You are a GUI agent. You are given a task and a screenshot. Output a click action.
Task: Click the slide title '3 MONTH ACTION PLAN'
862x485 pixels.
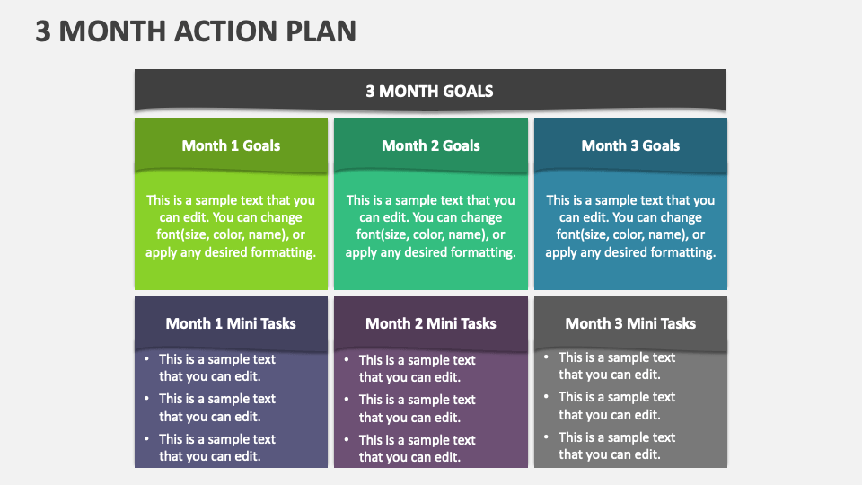tap(196, 31)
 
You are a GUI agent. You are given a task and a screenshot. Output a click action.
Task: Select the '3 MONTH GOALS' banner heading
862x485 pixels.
tap(429, 91)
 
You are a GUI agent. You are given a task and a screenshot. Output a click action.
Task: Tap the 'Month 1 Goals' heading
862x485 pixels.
tap(231, 145)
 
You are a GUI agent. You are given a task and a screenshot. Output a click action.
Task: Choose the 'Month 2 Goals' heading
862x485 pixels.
tap(431, 145)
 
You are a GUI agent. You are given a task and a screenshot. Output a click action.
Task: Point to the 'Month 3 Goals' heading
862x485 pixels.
tap(630, 145)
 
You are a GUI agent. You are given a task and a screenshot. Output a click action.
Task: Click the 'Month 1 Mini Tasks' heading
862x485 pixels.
tap(231, 323)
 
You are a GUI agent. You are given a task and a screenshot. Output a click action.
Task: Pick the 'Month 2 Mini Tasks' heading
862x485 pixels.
tap(431, 323)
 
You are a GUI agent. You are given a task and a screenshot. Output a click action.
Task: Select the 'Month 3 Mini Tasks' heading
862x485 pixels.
tap(630, 323)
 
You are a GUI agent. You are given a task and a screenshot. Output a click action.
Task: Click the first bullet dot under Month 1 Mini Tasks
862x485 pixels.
tap(146, 359)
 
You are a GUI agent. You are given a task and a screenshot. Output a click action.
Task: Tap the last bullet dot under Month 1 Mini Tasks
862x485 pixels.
tap(146, 439)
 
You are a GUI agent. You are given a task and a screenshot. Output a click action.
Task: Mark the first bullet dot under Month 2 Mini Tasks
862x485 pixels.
tap(347, 360)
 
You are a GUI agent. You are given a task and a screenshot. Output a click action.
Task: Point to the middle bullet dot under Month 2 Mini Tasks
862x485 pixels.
tap(347, 400)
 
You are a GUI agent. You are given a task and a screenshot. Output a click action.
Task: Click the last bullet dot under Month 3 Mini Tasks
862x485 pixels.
tap(546, 437)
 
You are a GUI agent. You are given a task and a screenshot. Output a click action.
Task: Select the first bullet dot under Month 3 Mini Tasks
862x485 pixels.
tap(546, 357)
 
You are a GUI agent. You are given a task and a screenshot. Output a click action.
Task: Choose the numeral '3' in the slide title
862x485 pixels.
tap(42, 31)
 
